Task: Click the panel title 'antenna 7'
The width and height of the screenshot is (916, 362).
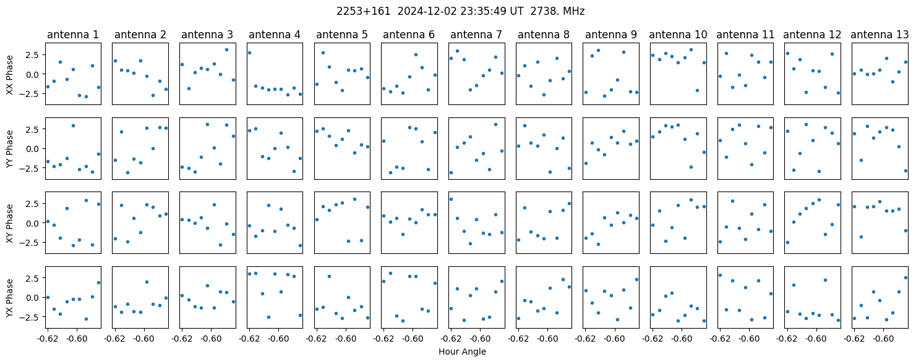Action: coord(476,35)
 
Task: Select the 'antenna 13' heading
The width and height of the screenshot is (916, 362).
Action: coord(880,35)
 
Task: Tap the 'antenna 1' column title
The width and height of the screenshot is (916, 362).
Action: coord(73,35)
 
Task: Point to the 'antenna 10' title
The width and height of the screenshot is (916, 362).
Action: coord(678,35)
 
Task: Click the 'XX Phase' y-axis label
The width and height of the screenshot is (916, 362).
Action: coord(9,75)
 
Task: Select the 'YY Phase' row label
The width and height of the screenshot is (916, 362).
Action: coord(9,149)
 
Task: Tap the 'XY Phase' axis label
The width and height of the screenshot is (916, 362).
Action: coord(9,223)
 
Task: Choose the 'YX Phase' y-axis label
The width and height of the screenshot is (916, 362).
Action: coord(9,298)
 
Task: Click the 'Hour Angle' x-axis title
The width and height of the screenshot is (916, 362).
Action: coord(462,351)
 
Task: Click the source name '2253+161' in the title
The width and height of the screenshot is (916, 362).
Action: coord(364,12)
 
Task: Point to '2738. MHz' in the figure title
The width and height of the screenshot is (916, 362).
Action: coord(557,12)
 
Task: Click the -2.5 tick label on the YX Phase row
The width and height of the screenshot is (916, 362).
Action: coord(32,318)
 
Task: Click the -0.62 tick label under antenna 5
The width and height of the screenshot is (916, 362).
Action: coord(317,339)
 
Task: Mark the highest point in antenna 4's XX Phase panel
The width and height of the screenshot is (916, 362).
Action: coord(249,53)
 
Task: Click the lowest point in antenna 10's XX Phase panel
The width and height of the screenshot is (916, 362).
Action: coord(697,91)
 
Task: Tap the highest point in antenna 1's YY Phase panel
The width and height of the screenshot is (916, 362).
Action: coord(73,126)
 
